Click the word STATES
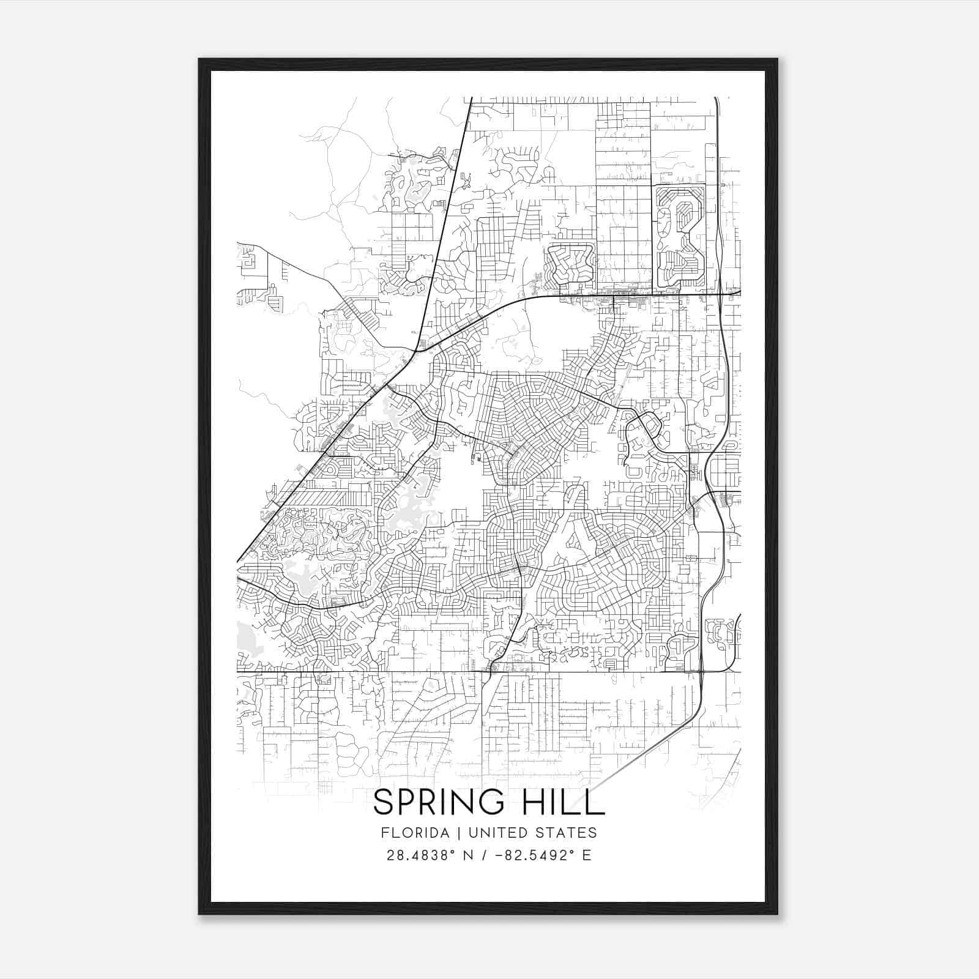pos(568,833)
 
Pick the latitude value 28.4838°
pos(419,855)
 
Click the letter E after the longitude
pos(587,855)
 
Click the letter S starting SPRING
pos(384,802)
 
